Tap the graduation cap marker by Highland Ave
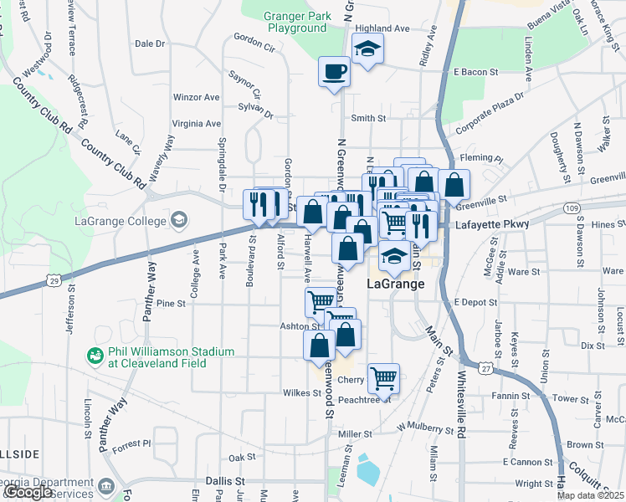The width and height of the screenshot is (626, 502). [x=367, y=49]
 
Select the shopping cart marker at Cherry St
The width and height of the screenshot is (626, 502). [x=383, y=377]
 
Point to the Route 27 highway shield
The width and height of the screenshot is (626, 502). [x=485, y=367]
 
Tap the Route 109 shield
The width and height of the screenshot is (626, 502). [x=572, y=207]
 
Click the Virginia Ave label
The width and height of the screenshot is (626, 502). [x=196, y=123]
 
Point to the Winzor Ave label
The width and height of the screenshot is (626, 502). [x=196, y=97]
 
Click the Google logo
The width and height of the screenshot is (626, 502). [x=28, y=493]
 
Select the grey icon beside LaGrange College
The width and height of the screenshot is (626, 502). [x=178, y=220]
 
